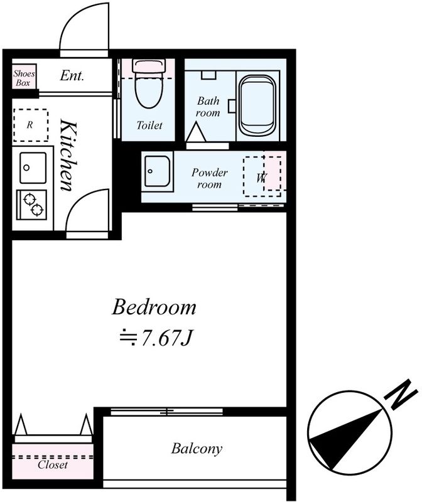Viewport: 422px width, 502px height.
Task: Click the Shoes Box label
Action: pos(24,78)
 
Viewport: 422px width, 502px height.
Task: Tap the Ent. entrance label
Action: pos(72,76)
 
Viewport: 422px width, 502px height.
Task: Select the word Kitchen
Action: pos(68,155)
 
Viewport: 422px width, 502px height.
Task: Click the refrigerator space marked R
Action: pos(31,125)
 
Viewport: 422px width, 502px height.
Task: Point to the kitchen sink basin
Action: pos(33,168)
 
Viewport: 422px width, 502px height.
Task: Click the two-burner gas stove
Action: pos(32,205)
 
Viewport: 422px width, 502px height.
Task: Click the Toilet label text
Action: pos(149,125)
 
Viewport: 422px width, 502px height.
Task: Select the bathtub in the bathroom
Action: pos(257,106)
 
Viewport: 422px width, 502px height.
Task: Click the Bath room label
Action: pos(208,107)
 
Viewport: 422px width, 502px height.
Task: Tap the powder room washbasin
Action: pos(157,171)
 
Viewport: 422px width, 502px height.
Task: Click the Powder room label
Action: pos(209,178)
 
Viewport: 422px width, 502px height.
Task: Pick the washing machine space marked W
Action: pos(262,176)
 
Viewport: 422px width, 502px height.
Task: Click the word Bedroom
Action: pos(154,307)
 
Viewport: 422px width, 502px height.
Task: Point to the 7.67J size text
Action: pos(156,338)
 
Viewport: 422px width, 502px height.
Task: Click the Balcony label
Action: pos(197,449)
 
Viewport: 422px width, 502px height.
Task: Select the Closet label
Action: pos(53,464)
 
